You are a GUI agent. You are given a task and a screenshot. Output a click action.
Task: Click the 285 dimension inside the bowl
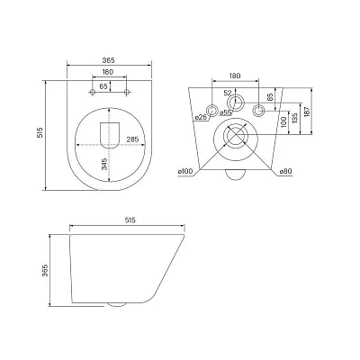click(x=132, y=139)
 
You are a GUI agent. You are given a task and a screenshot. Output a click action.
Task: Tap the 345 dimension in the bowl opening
click(x=104, y=165)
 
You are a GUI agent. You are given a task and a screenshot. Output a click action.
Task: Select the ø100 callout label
click(x=185, y=172)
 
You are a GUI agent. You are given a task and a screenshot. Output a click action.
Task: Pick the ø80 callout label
click(x=285, y=172)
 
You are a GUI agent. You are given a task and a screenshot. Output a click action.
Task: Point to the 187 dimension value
click(x=307, y=112)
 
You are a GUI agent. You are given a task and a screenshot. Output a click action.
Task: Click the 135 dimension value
click(x=294, y=119)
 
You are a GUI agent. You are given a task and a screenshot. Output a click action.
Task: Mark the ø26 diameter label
click(x=201, y=117)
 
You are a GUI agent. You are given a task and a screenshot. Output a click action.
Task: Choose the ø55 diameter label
click(x=226, y=112)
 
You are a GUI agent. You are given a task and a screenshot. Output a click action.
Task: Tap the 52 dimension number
click(x=228, y=93)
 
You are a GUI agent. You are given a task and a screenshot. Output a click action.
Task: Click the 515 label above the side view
click(x=130, y=220)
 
